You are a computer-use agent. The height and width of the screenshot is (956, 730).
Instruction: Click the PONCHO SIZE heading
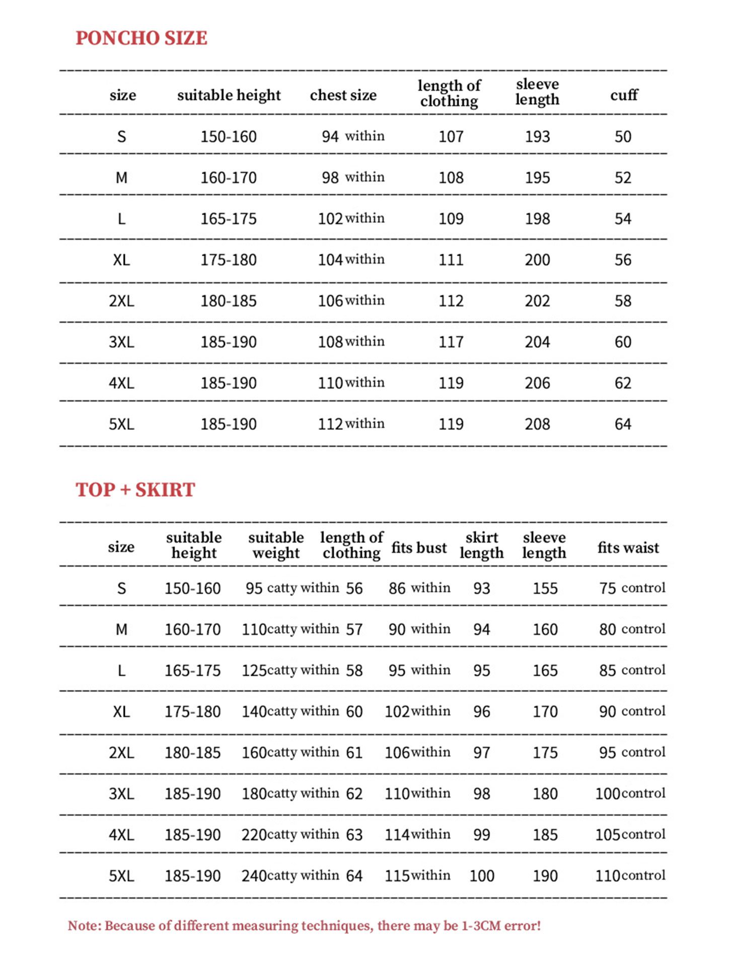point(141,38)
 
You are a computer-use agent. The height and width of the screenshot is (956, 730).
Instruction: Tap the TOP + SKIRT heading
point(135,490)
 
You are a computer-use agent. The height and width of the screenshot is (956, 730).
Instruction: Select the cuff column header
point(624,95)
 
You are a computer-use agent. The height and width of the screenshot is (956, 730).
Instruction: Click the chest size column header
point(343,95)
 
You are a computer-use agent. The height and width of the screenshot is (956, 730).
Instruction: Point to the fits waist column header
point(628,547)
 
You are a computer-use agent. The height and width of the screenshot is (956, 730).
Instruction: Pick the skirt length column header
point(481,545)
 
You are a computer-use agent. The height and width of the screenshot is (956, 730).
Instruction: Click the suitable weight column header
point(276,545)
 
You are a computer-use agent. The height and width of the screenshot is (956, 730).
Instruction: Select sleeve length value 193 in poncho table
point(537,137)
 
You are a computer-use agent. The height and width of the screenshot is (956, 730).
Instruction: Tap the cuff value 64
point(623,424)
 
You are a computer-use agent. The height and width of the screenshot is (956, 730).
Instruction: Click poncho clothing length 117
point(451,342)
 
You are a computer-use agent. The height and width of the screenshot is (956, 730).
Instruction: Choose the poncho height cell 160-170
point(229,178)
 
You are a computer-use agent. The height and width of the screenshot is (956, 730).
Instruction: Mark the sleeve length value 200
point(537,260)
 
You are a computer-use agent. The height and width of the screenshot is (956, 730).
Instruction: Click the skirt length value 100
point(482,876)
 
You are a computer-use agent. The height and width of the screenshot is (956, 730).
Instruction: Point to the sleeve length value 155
point(545,588)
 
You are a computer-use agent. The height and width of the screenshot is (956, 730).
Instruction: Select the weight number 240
point(254,876)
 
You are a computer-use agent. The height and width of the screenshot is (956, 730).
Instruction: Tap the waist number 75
point(608,588)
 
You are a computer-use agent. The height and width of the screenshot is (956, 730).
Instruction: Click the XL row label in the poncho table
point(121,260)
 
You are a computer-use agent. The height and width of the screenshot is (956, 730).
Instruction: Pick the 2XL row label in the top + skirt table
point(121,753)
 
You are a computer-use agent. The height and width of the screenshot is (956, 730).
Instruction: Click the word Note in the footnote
point(83,926)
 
